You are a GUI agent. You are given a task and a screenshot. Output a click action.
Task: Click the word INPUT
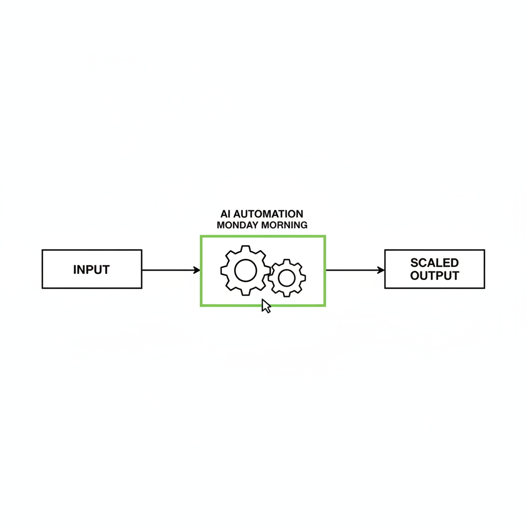coord(92,270)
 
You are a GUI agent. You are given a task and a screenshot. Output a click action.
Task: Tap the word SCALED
coord(434,262)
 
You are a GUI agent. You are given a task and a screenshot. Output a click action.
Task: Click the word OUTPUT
coord(434,276)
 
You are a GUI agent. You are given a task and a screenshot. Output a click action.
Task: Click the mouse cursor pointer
coord(266,306)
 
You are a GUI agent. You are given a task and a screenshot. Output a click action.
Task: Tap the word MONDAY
coord(238,225)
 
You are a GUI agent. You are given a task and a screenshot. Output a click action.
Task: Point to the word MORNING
coord(284,225)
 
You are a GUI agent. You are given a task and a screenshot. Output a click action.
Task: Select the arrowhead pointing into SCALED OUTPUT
coord(381,270)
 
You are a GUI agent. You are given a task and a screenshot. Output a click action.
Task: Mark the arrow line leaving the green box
coord(355,270)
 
